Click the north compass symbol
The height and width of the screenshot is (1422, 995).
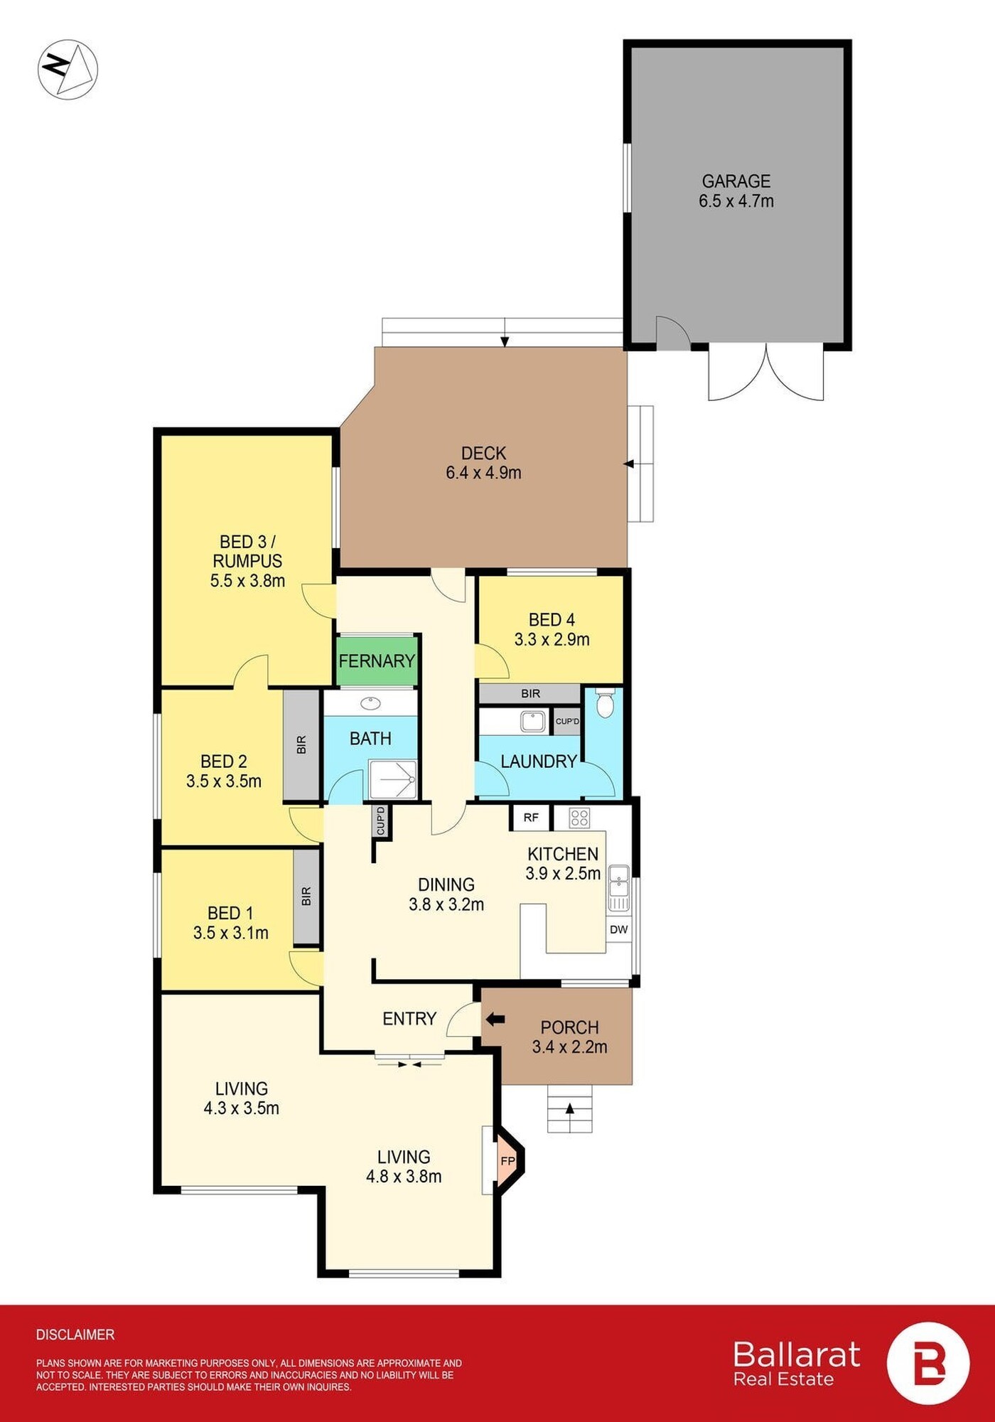click(x=68, y=69)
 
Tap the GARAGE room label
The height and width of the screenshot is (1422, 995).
click(x=736, y=181)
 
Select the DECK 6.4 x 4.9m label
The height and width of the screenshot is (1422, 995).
click(x=483, y=463)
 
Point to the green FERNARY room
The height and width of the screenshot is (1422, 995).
click(x=377, y=661)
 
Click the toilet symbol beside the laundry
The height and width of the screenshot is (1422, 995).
click(x=605, y=702)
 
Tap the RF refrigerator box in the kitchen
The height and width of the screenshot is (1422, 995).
click(x=531, y=818)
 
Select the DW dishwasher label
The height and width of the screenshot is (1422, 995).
click(x=619, y=929)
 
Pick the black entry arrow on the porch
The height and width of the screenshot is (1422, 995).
click(x=495, y=1020)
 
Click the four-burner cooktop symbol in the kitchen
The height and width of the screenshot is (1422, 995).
click(x=579, y=818)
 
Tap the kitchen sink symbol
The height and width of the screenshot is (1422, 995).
click(x=618, y=887)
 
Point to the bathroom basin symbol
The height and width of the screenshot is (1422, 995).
click(x=370, y=704)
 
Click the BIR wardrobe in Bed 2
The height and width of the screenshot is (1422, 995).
click(x=301, y=745)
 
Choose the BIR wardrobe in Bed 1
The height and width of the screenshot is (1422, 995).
click(x=306, y=897)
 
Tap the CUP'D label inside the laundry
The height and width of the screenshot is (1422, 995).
click(x=567, y=721)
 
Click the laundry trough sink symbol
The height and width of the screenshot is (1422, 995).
click(x=532, y=721)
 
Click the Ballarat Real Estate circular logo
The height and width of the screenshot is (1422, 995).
click(x=927, y=1364)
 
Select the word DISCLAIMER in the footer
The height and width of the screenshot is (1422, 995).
click(x=75, y=1335)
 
